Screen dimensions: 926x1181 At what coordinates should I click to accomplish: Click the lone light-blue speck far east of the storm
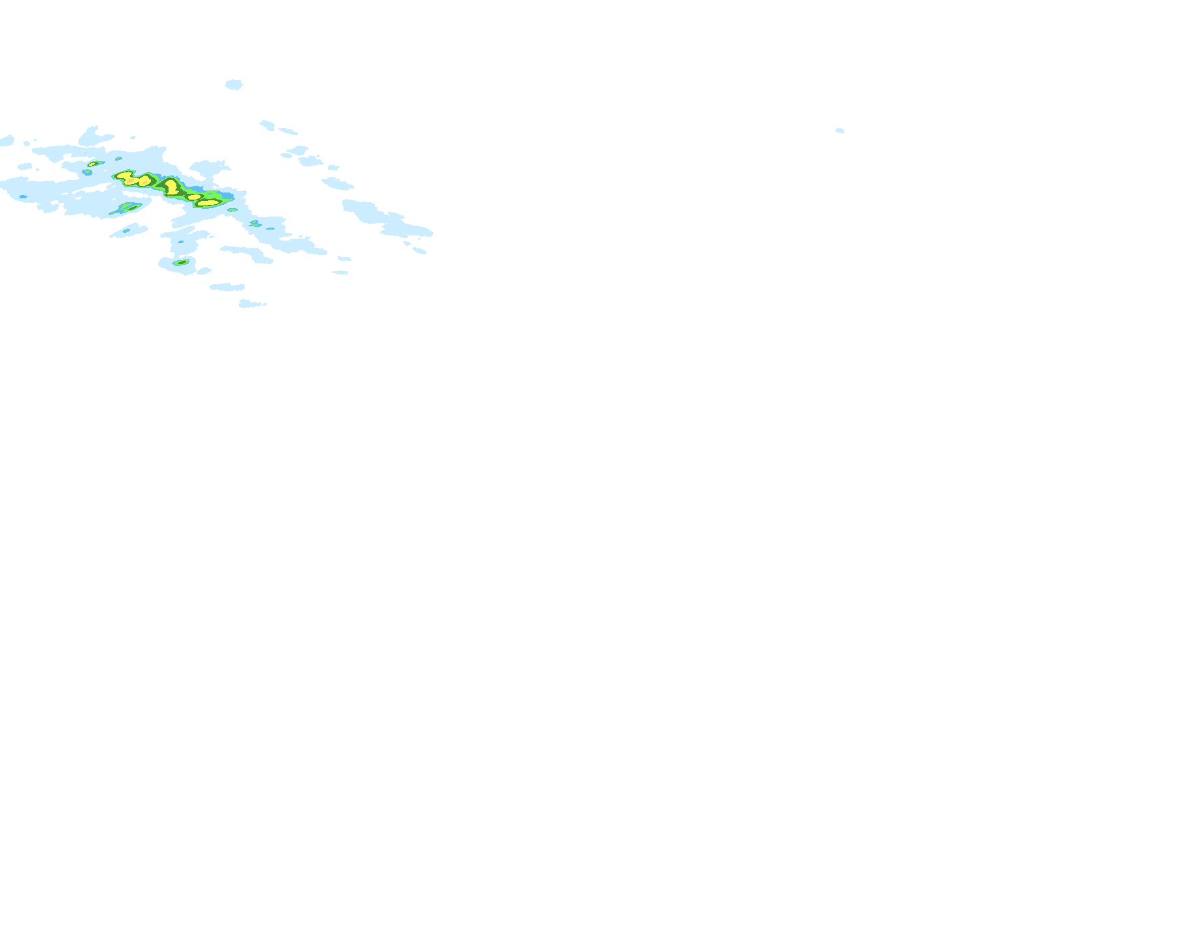click(x=839, y=131)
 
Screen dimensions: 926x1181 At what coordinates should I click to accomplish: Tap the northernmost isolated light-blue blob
click(x=234, y=85)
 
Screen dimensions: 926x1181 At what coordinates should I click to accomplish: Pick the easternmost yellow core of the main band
click(x=208, y=203)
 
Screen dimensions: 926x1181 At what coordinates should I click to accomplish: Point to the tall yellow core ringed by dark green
click(x=171, y=187)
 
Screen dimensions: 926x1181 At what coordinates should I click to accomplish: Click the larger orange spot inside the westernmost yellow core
click(x=131, y=181)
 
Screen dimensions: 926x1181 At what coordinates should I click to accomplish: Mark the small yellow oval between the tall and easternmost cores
click(x=194, y=196)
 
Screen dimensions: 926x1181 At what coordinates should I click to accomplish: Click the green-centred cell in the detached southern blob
click(x=181, y=263)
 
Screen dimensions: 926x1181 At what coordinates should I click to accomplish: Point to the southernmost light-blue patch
click(x=251, y=304)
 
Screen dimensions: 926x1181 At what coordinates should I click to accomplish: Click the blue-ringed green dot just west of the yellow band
click(x=87, y=172)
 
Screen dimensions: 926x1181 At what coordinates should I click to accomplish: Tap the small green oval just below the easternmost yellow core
click(x=232, y=209)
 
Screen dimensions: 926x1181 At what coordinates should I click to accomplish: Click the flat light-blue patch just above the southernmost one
click(x=227, y=287)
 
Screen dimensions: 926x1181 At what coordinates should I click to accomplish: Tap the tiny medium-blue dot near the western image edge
click(x=23, y=196)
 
